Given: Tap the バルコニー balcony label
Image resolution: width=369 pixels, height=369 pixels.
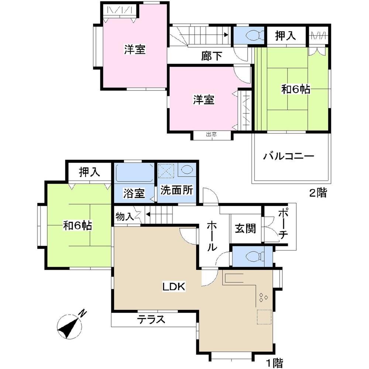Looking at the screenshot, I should click(289, 156).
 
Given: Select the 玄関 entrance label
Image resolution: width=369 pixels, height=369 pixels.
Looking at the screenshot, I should click(245, 229).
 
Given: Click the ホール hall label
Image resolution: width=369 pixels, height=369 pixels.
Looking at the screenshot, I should click(211, 237).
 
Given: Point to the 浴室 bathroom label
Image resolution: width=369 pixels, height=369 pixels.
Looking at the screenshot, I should click(134, 193).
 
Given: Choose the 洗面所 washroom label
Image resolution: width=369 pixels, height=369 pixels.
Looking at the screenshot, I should click(176, 191).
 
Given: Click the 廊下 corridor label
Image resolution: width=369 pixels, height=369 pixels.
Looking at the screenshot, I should click(212, 56).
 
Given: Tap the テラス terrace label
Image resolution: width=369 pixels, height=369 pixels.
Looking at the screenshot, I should click(151, 319).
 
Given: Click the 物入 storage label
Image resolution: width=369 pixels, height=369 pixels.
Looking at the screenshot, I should click(124, 216).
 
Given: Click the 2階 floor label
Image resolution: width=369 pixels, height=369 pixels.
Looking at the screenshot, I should click(317, 193).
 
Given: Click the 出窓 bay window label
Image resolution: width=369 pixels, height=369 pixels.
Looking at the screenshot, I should click(211, 135).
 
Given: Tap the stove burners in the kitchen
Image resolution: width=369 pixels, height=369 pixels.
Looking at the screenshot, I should click(264, 297).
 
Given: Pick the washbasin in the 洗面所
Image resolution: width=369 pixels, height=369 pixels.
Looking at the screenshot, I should click(186, 170).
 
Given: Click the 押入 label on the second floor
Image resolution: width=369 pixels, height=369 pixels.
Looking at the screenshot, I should click(286, 36).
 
